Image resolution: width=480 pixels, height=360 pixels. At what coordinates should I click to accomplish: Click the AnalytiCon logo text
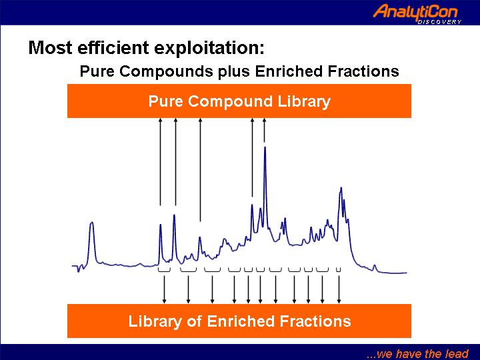pyautogui.click(x=415, y=12)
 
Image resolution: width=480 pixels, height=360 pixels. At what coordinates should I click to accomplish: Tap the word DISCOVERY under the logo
pyautogui.click(x=439, y=22)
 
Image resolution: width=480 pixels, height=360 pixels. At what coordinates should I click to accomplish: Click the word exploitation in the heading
pyautogui.click(x=209, y=48)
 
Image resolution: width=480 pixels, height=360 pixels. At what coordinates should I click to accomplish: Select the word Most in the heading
pyautogui.click(x=51, y=48)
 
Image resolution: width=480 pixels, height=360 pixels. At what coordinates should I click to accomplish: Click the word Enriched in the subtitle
pyautogui.click(x=289, y=71)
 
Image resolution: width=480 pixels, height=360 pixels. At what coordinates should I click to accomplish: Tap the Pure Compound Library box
pyautogui.click(x=239, y=101)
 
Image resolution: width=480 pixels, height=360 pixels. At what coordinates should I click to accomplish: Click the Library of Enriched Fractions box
pyautogui.click(x=239, y=321)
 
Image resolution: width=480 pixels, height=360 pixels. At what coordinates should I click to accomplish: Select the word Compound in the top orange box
pyautogui.click(x=230, y=101)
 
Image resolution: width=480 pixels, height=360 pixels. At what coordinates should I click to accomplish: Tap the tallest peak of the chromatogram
pyautogui.click(x=265, y=148)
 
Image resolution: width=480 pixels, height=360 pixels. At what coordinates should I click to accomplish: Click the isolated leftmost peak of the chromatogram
pyautogui.click(x=91, y=223)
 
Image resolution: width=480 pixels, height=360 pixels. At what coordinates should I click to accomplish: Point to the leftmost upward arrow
pyautogui.click(x=160, y=161)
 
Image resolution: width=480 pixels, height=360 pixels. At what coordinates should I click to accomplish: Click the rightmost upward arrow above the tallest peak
pyautogui.click(x=265, y=130)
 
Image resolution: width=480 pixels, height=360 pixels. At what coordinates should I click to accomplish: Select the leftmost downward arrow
pyautogui.click(x=164, y=289)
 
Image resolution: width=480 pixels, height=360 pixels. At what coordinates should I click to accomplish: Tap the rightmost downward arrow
pyautogui.click(x=339, y=289)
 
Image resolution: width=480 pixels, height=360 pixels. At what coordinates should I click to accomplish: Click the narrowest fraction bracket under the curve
pyautogui.click(x=338, y=270)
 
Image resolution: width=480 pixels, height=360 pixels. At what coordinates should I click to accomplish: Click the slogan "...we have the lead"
pyautogui.click(x=417, y=353)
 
